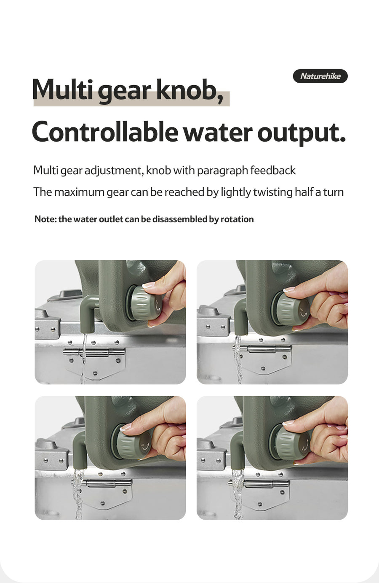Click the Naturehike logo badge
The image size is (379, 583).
pos(320,76)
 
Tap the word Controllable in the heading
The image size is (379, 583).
pos(105,132)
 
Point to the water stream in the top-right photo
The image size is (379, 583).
pos(238,359)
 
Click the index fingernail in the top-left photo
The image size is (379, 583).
pos(148,285)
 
